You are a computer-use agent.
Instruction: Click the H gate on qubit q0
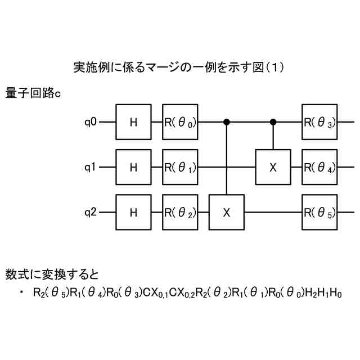pos(133,121)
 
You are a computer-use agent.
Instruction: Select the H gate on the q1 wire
pos(133,166)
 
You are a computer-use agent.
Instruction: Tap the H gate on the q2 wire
pos(133,212)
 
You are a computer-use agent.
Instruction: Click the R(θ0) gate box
pos(181,121)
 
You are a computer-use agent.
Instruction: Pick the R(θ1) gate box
pos(181,166)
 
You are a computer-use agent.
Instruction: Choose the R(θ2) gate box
pos(181,212)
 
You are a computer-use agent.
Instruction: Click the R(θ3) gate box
pos(319,121)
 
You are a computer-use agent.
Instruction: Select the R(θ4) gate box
pos(319,166)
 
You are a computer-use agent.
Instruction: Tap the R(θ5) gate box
pos(319,212)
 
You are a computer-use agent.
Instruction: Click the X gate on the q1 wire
pos(273,166)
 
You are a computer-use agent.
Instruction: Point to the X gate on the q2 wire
pos(227,212)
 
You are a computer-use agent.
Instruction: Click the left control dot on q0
pos(227,121)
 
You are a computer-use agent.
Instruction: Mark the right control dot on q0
pos(273,121)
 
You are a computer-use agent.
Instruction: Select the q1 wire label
pos(91,166)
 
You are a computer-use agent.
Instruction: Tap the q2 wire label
pos(91,212)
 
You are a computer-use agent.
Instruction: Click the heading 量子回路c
pos(33,93)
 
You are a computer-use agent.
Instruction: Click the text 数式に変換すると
pos(52,275)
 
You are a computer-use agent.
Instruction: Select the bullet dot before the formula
pos(21,292)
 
